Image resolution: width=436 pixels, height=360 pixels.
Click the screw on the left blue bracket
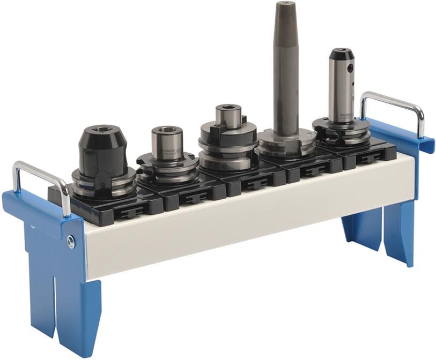[71, 242]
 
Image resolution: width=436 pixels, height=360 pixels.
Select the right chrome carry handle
[394, 101]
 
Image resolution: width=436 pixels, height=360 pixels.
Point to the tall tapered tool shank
[286, 64]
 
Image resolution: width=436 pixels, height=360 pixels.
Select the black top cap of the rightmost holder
[341, 54]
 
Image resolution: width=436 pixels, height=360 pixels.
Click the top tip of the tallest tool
[285, 4]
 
